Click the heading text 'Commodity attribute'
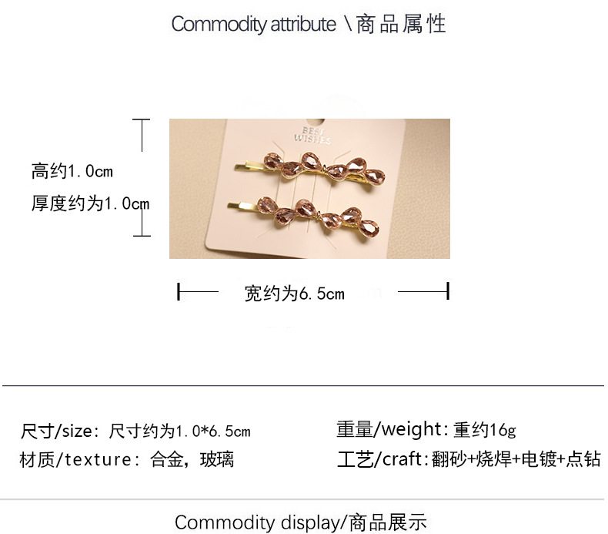point(253,24)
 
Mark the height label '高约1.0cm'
point(72,170)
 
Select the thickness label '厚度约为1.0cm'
point(90,203)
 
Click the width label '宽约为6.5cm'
point(294,293)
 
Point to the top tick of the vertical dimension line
point(141,119)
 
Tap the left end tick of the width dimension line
point(179,292)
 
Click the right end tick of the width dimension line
point(447,292)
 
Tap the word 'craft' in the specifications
point(401,460)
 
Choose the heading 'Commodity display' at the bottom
point(257,522)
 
